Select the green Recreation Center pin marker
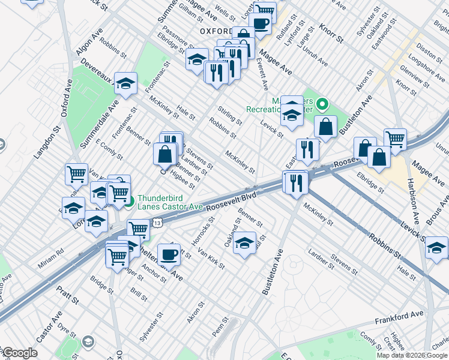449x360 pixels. point(323,105)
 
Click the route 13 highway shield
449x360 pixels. point(157,223)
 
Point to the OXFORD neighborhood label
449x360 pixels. point(216,31)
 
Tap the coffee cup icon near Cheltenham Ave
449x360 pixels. point(169,254)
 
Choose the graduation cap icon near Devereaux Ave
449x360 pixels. point(126,83)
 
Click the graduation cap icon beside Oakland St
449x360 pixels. point(244,244)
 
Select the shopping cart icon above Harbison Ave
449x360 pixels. point(395,139)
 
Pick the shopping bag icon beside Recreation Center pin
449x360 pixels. point(325,127)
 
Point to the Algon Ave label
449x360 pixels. point(90,41)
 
